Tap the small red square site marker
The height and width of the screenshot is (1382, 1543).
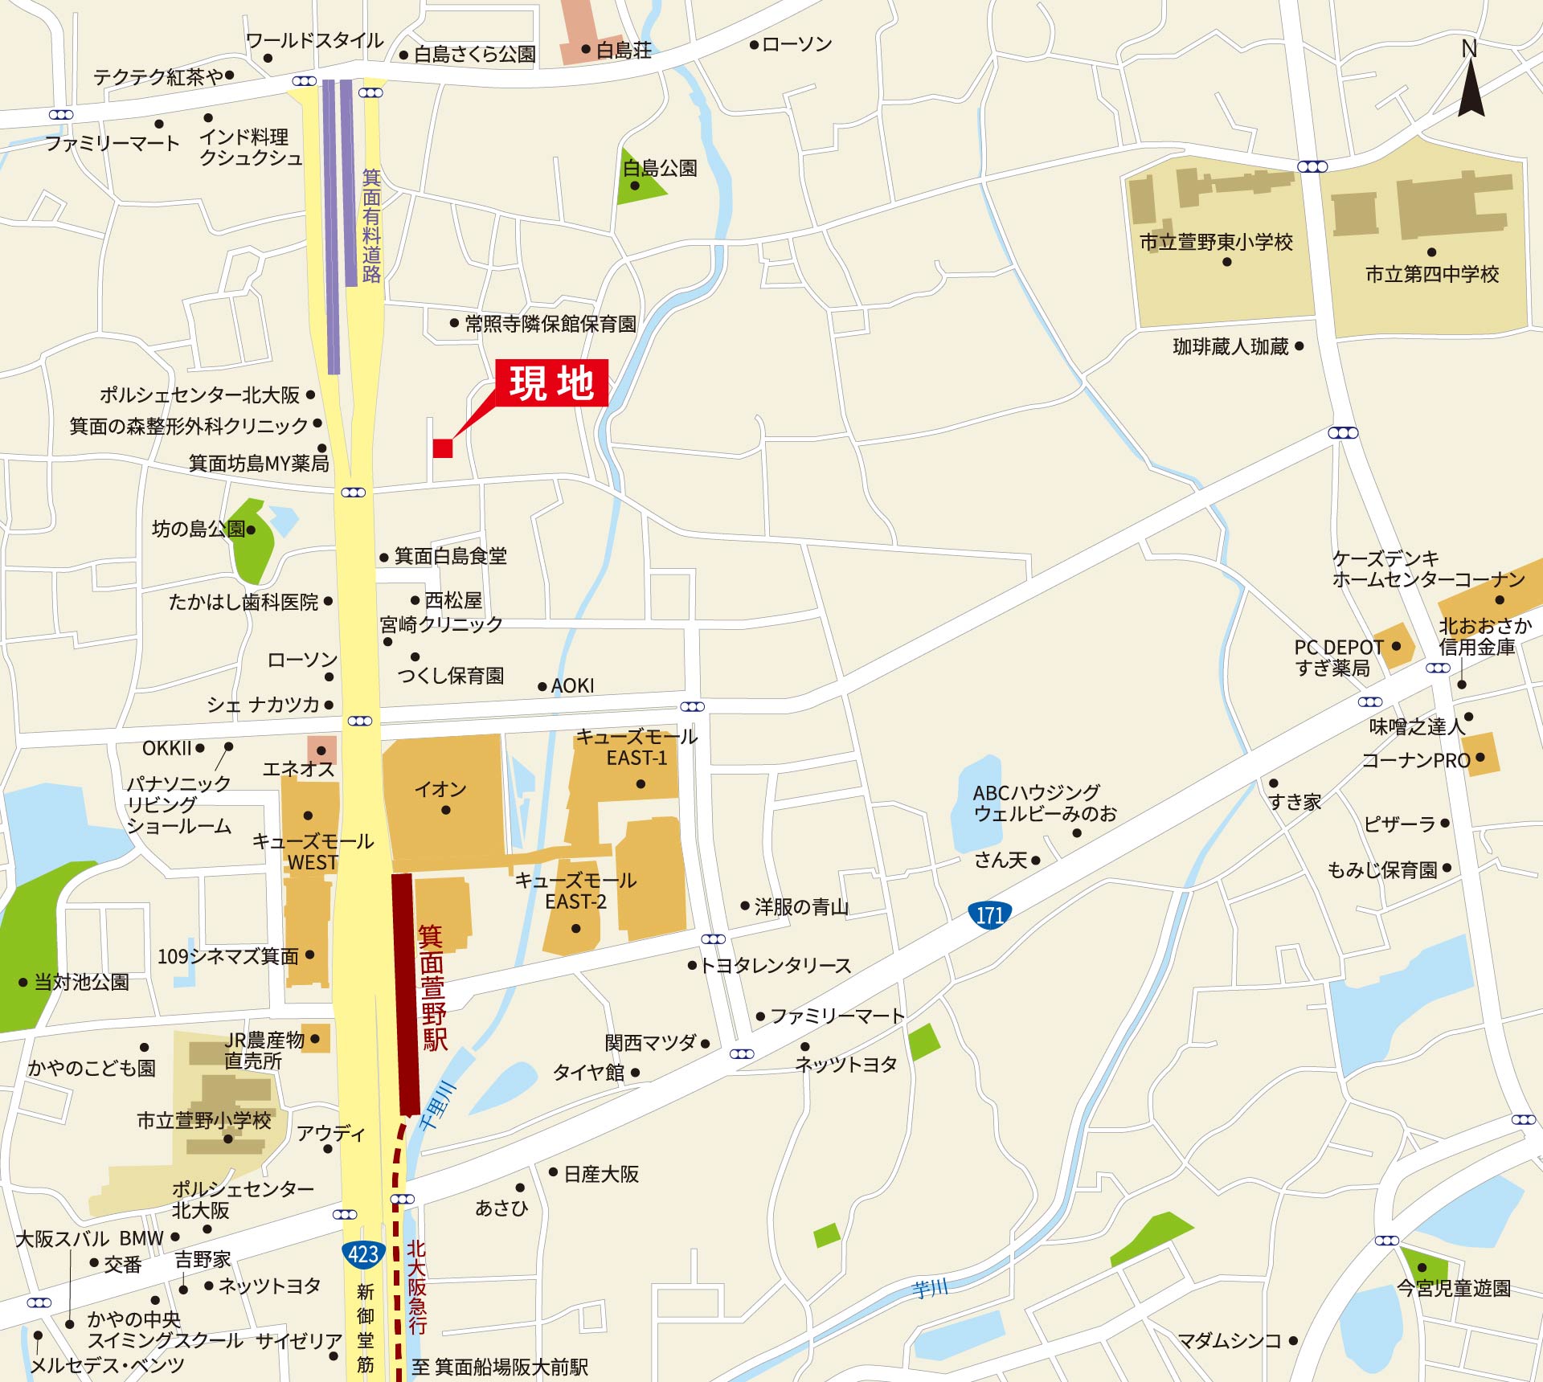(x=443, y=448)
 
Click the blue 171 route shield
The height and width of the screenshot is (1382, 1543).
(x=989, y=914)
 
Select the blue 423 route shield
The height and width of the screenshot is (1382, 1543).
(x=362, y=1254)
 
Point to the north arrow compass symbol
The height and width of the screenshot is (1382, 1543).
(x=1471, y=84)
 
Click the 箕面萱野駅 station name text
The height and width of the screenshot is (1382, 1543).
(x=433, y=987)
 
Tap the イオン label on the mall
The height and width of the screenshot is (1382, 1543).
(x=440, y=789)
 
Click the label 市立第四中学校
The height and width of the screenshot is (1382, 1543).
(x=1432, y=274)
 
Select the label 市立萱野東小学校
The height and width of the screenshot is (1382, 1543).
(x=1216, y=242)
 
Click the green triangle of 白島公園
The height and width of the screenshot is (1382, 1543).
(x=638, y=181)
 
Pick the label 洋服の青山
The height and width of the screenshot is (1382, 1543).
(x=801, y=906)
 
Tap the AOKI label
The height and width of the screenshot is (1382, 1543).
(x=572, y=685)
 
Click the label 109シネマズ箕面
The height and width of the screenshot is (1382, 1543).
(x=228, y=956)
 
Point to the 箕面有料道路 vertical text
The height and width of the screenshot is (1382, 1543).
(x=371, y=226)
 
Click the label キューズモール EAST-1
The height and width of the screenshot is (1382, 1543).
(x=636, y=747)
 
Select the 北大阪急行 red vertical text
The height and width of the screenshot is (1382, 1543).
(x=416, y=1286)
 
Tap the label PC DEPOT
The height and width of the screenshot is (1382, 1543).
(x=1339, y=647)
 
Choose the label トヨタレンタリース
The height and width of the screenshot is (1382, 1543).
(x=776, y=965)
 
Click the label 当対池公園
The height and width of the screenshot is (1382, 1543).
(x=81, y=982)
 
